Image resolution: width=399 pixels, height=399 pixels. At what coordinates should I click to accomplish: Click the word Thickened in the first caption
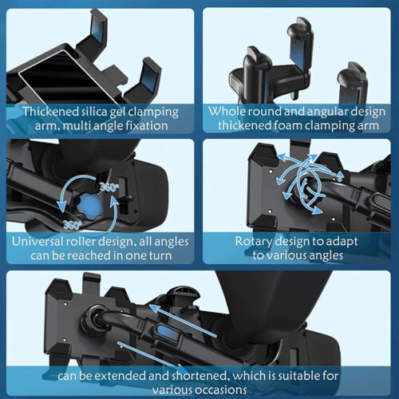coord(50,112)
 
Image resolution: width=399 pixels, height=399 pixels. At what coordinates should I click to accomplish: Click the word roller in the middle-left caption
coord(81,241)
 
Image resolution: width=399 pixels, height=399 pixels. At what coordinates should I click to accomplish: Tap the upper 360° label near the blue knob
coord(109,188)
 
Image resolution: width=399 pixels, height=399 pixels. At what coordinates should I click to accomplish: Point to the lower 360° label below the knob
coord(73,225)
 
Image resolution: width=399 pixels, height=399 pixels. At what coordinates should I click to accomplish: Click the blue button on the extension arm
coord(166,333)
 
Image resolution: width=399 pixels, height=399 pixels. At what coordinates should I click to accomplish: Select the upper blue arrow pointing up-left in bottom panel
coord(183,321)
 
